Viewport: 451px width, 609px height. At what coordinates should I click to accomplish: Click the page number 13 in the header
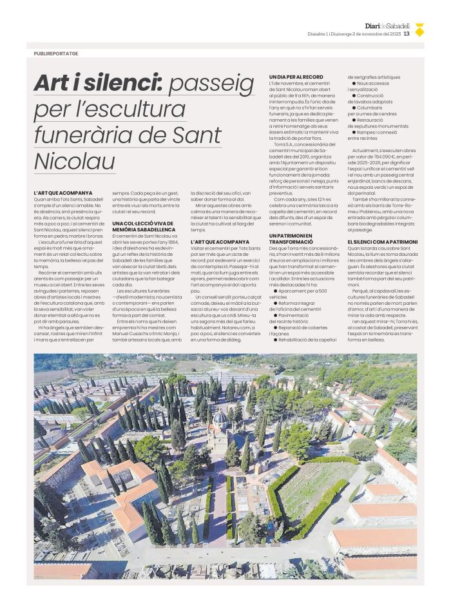[407, 34]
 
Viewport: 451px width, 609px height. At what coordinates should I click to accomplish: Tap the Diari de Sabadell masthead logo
[387, 26]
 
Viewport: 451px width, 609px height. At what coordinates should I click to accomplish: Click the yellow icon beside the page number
[419, 30]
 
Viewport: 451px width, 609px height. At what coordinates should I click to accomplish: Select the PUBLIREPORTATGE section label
[56, 53]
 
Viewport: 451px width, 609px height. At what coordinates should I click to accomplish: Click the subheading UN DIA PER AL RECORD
[296, 77]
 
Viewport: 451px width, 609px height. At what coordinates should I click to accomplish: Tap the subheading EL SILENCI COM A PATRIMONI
[382, 242]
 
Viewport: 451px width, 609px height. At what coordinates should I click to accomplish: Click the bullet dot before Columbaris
[354, 108]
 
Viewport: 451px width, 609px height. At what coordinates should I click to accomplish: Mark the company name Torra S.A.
[284, 146]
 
